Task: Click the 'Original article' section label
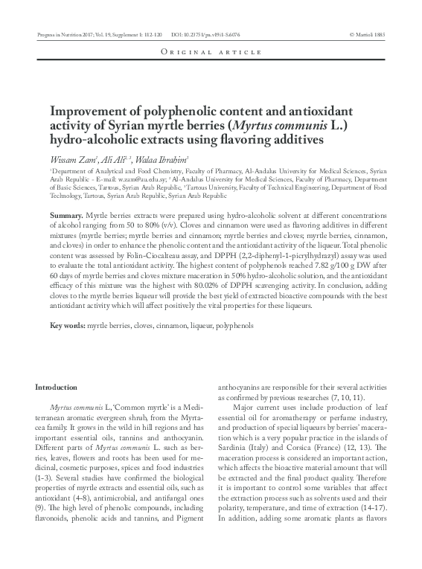(211, 52)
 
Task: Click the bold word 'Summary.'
(66, 214)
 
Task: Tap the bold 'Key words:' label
(67, 326)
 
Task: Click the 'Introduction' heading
(57, 387)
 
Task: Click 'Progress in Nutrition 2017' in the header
(63, 34)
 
